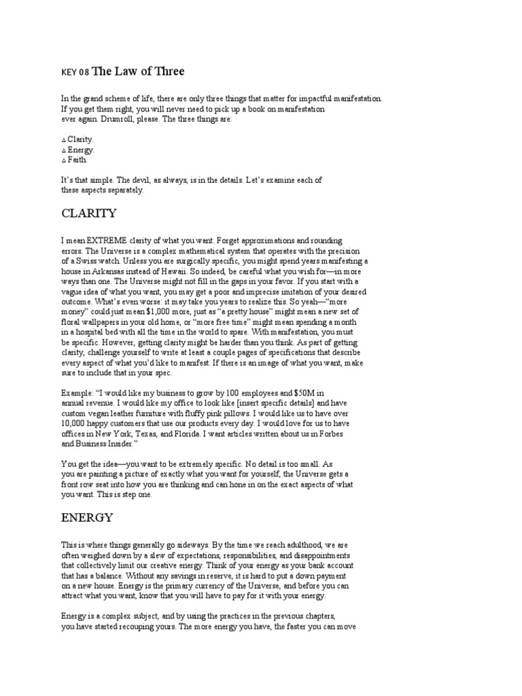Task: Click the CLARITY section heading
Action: tap(89, 213)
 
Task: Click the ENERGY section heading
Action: tap(86, 518)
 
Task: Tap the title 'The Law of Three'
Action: tap(138, 71)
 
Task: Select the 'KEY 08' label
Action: tap(75, 73)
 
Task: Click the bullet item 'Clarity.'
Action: tap(80, 139)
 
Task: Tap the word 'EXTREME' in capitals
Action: tap(105, 241)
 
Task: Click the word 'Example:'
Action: tap(77, 393)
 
